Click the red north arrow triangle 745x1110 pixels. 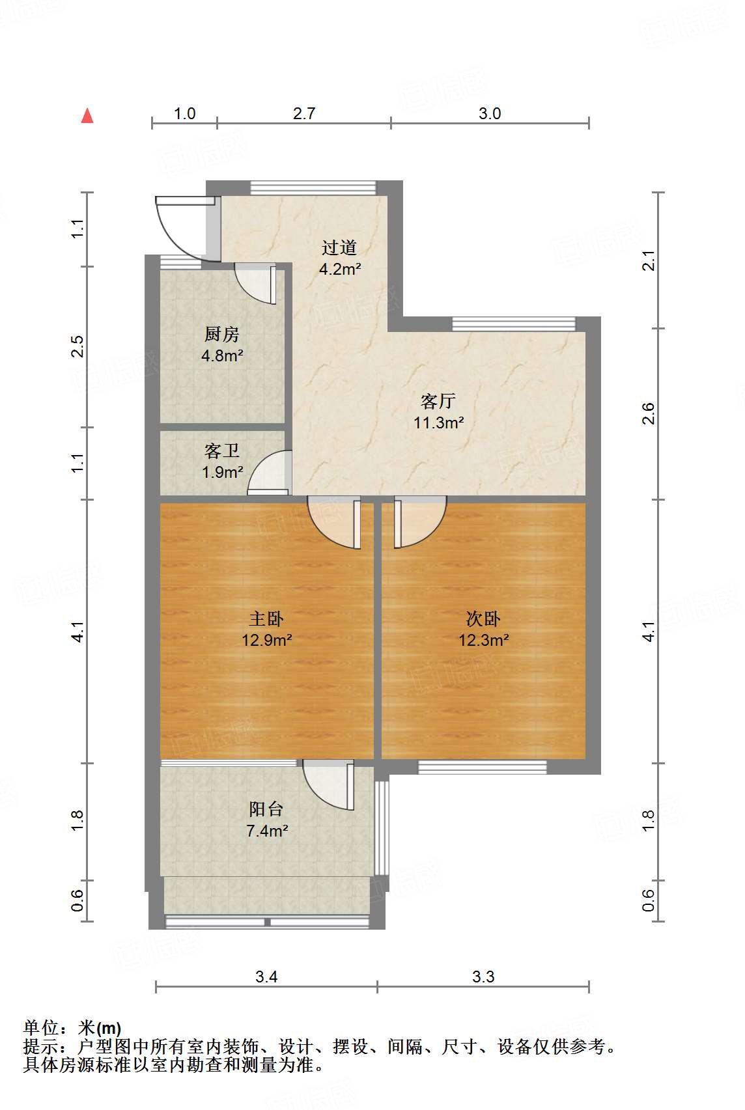(87, 116)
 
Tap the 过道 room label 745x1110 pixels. (339, 247)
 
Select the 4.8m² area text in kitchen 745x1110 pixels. (222, 355)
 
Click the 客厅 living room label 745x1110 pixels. (438, 401)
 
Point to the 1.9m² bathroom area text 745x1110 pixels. (222, 472)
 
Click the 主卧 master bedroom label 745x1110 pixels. (266, 618)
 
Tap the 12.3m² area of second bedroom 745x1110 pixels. (483, 640)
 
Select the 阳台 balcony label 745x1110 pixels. (266, 809)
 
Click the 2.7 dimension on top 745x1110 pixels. (303, 113)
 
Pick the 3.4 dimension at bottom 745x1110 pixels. (266, 977)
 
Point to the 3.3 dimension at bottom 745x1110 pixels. (483, 977)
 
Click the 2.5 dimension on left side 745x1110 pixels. (77, 346)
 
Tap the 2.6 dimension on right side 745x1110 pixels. (648, 413)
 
